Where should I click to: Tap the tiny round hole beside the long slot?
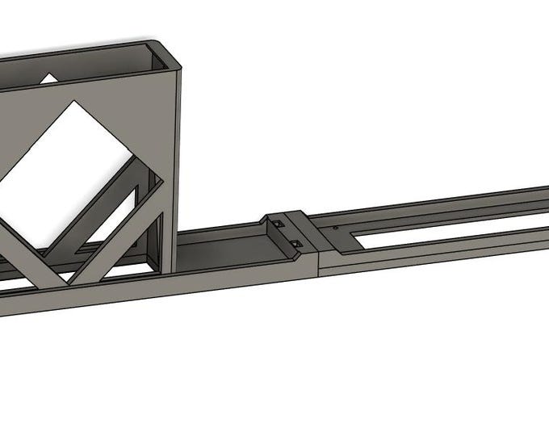point(334,228)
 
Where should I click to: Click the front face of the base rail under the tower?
point(161,287)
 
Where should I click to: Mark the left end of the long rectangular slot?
point(355,237)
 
